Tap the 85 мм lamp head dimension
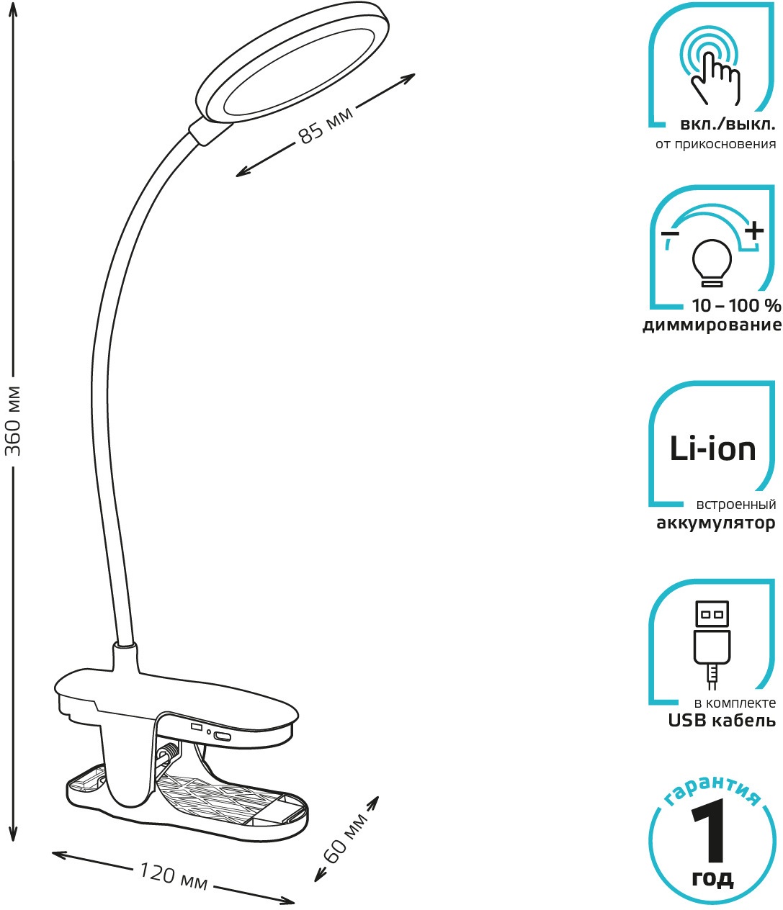tap(326, 125)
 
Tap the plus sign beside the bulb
tap(753, 231)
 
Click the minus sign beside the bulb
tap(669, 235)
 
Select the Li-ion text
tap(712, 449)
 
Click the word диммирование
tap(711, 325)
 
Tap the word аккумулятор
tap(715, 523)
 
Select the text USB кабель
tap(722, 721)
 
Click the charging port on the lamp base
tap(222, 736)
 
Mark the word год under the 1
tap(712, 878)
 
